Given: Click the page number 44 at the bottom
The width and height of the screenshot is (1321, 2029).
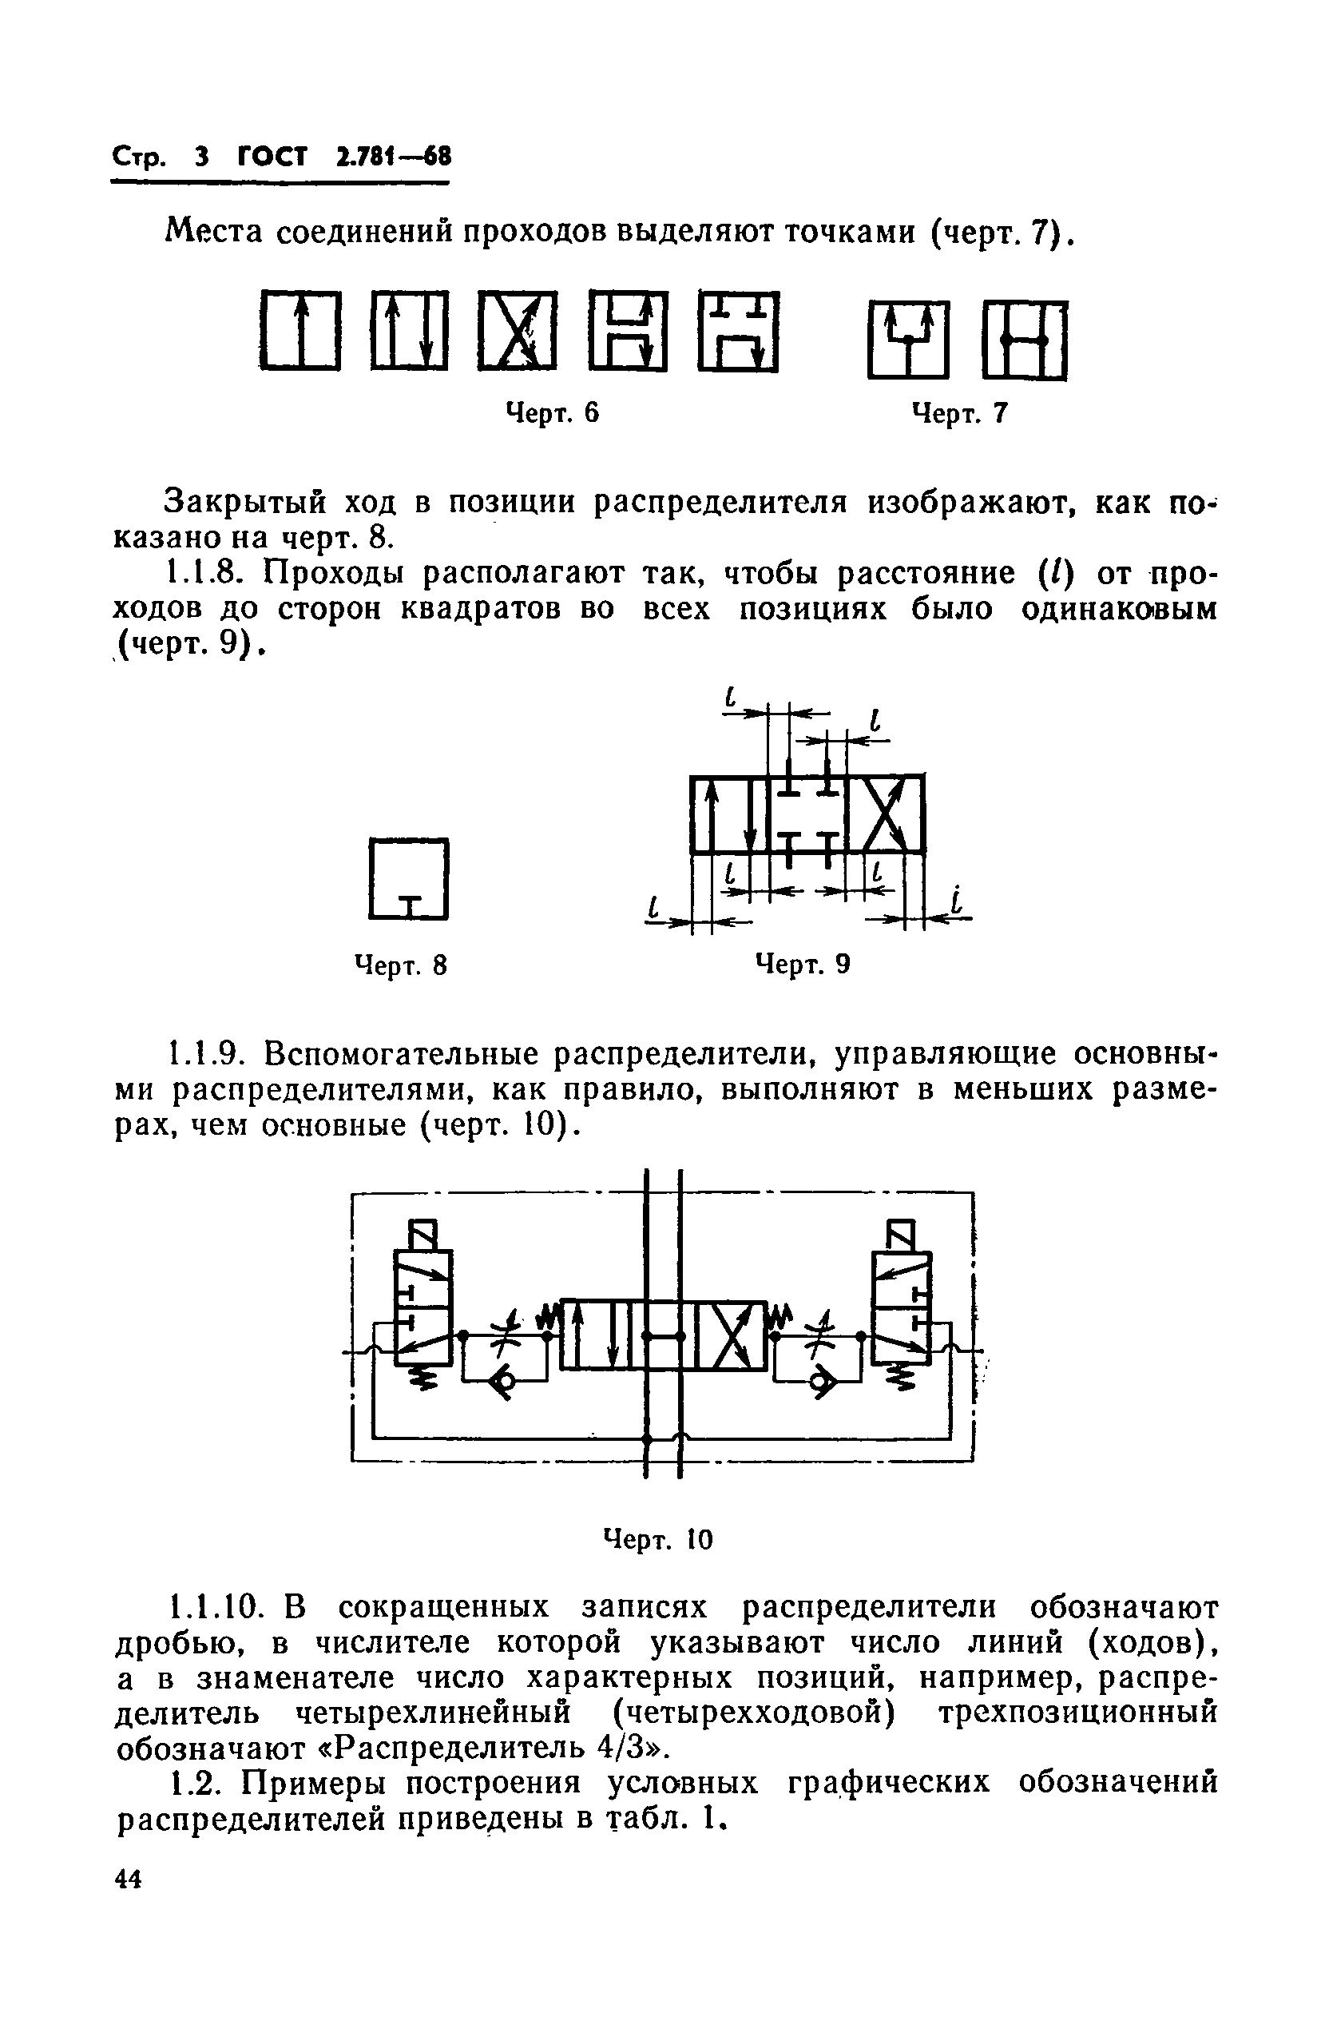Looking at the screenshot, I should click(x=128, y=1903).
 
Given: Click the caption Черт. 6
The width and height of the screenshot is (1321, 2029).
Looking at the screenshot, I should click(x=552, y=413).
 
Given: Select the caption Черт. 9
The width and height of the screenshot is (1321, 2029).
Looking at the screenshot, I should click(x=803, y=965).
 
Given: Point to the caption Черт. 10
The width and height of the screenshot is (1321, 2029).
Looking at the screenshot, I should click(x=657, y=1539).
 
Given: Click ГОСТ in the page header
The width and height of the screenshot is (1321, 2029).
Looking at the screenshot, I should click(x=272, y=157).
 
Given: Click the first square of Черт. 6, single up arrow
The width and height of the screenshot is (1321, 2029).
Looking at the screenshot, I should click(x=300, y=331).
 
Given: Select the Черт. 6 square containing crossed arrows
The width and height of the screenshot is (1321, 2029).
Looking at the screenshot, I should click(x=517, y=331).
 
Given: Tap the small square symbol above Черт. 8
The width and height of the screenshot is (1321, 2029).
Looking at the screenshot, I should click(x=408, y=879).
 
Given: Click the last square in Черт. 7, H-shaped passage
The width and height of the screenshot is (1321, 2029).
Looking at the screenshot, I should click(x=1024, y=340).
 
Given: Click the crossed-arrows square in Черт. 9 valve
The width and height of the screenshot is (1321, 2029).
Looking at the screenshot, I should click(x=886, y=814).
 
